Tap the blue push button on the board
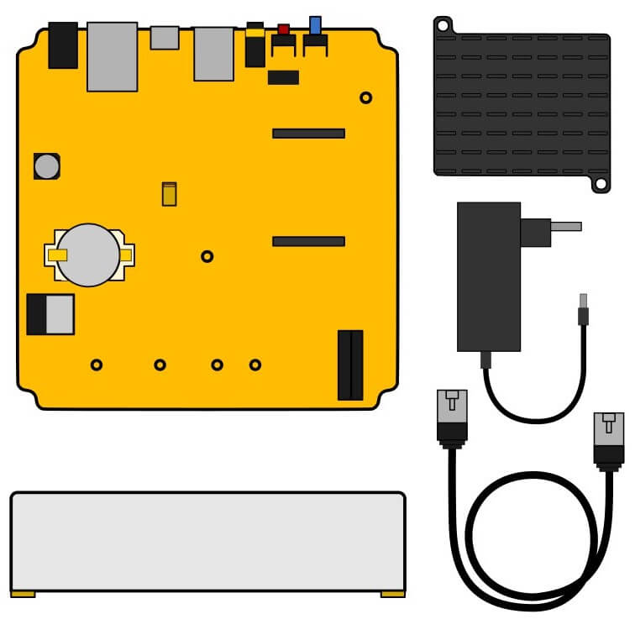[x=315, y=25]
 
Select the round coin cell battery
[x=89, y=255]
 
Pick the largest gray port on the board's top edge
[x=112, y=56]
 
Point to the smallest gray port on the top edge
[x=165, y=37]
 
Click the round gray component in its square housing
[x=47, y=166]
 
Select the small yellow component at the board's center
[x=169, y=194]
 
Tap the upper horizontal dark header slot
[x=308, y=133]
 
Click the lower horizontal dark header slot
[x=308, y=242]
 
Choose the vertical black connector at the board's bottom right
[x=350, y=365]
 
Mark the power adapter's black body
[x=488, y=277]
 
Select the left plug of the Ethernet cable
[x=451, y=416]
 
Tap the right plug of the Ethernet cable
[x=608, y=437]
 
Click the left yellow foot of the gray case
[x=23, y=593]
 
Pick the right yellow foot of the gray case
[x=392, y=593]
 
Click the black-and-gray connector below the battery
[x=50, y=314]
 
